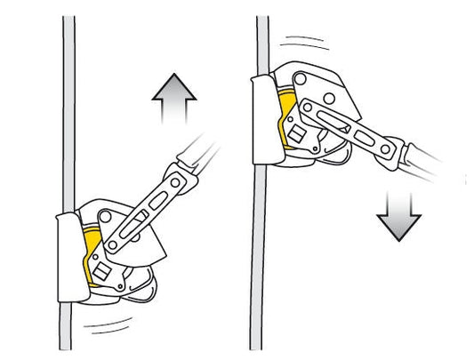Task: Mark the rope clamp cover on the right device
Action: (x=264, y=119)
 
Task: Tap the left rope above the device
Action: (x=69, y=107)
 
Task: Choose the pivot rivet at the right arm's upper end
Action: (x=311, y=109)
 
